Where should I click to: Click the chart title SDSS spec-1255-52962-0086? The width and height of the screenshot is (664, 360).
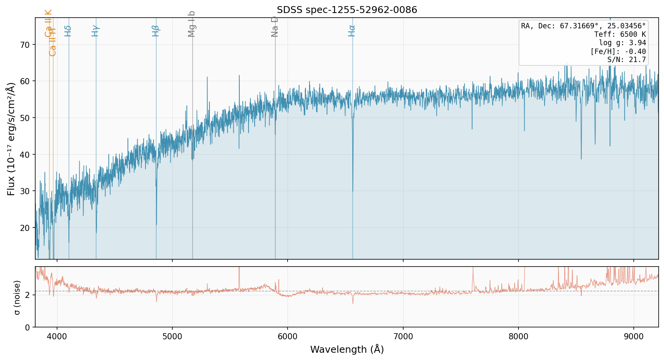pyautogui.click(x=347, y=10)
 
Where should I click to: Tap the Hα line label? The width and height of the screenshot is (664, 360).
pyautogui.click(x=352, y=31)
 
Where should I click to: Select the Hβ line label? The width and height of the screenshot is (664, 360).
pyautogui.click(x=155, y=31)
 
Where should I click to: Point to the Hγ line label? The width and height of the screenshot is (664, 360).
pyautogui.click(x=95, y=31)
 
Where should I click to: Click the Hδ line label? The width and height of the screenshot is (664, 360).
pyautogui.click(x=68, y=31)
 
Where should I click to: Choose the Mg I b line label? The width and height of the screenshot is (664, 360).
pyautogui.click(x=192, y=24)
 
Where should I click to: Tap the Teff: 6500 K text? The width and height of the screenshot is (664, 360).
pyautogui.click(x=620, y=34)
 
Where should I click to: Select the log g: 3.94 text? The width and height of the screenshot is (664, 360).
pyautogui.click(x=622, y=43)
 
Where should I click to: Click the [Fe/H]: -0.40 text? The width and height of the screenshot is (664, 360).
pyautogui.click(x=618, y=52)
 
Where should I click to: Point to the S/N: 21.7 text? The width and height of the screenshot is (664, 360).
pyautogui.click(x=626, y=60)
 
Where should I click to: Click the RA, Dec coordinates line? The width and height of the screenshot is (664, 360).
pyautogui.click(x=583, y=26)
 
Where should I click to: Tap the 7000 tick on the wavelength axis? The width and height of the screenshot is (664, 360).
pyautogui.click(x=403, y=337)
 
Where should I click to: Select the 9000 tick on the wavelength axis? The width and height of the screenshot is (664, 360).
pyautogui.click(x=634, y=337)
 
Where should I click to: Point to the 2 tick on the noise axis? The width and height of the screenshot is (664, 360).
pyautogui.click(x=28, y=295)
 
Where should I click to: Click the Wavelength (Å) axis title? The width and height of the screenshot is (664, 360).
pyautogui.click(x=347, y=349)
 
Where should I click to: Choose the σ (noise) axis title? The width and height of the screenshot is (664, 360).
pyautogui.click(x=17, y=297)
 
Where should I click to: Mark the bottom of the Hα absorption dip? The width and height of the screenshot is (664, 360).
pyautogui.click(x=353, y=191)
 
